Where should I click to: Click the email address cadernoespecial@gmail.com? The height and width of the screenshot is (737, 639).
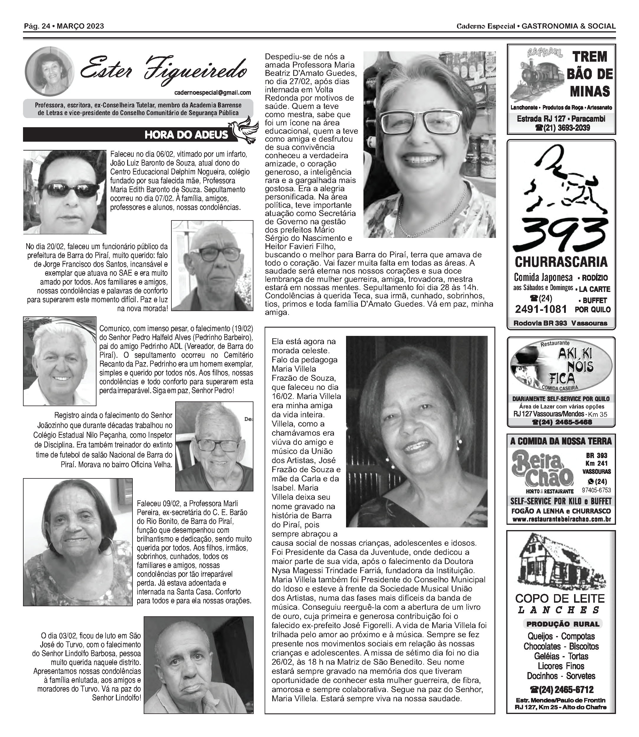point(212,93)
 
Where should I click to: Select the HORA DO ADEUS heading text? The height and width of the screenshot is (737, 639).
point(186,135)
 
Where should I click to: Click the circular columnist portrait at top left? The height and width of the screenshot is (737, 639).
point(50,71)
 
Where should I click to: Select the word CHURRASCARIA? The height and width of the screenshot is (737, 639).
point(561,262)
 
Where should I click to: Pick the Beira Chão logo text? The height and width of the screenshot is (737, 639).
point(542,468)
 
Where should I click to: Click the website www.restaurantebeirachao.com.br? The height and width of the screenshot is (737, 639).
point(561,519)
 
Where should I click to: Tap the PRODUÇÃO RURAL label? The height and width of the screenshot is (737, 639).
point(563,624)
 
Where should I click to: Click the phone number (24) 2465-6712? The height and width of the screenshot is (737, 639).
point(561,689)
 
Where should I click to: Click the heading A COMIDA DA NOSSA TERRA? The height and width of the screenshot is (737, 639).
point(561,442)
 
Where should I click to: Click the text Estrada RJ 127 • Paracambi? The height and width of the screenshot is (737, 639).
point(561,119)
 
